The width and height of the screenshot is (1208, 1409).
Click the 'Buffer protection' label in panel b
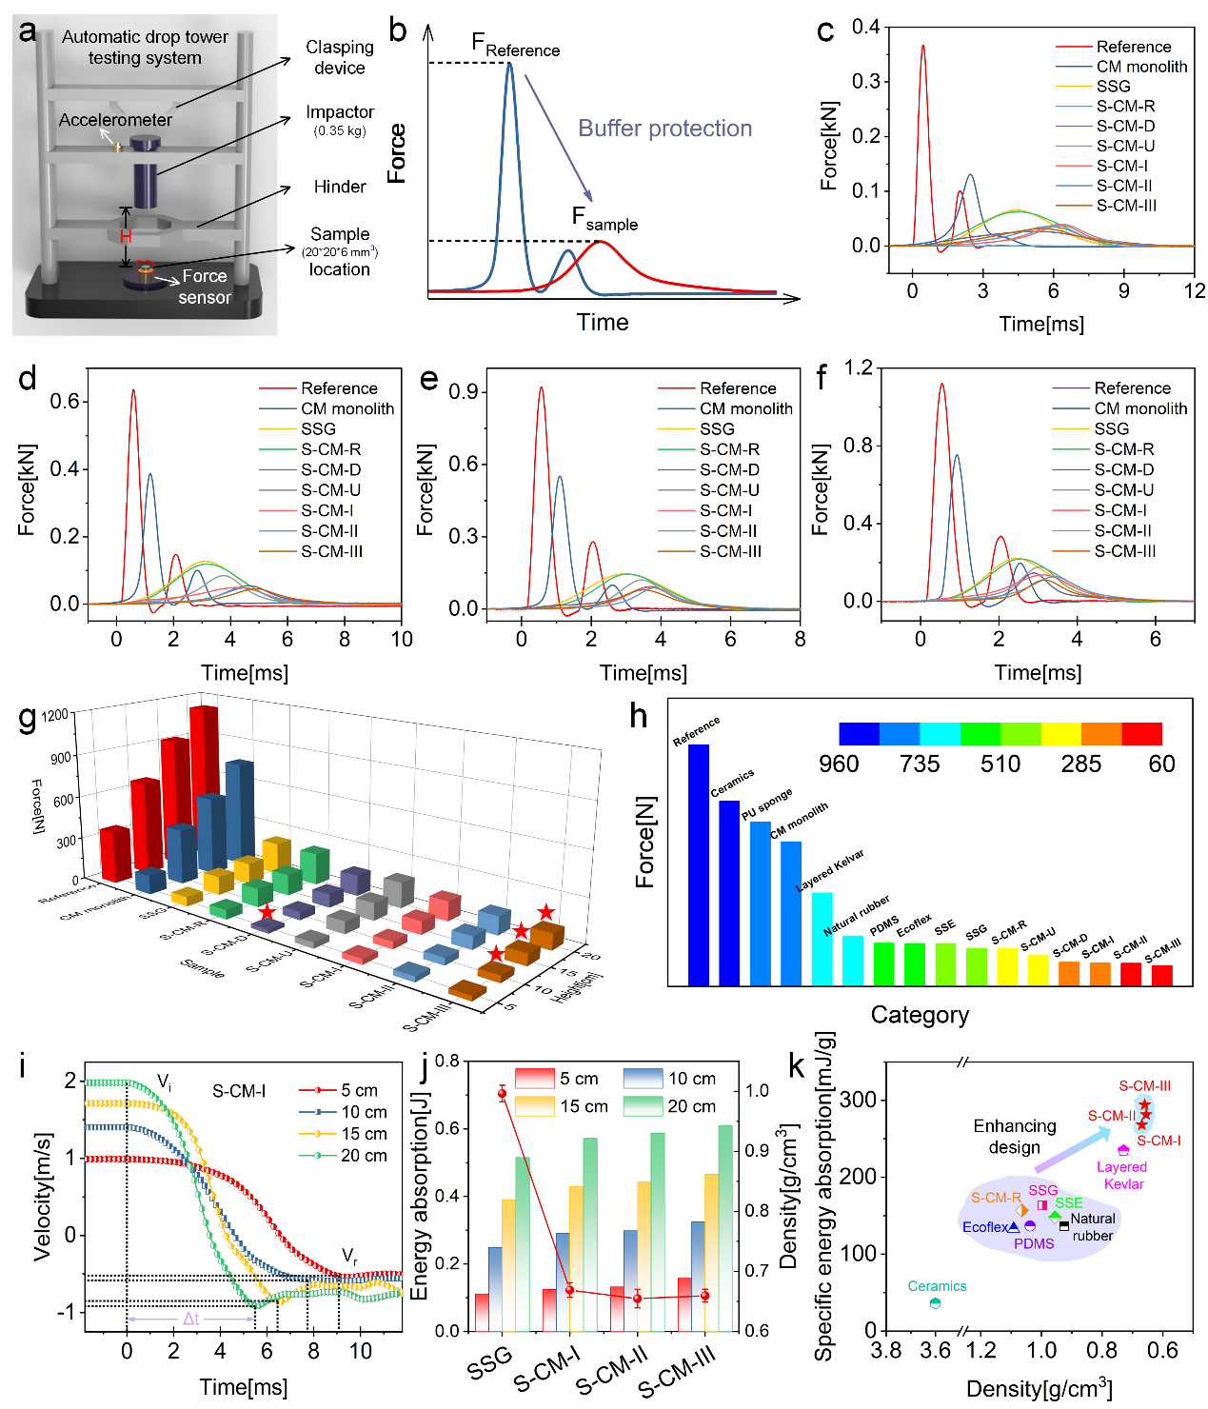[664, 129]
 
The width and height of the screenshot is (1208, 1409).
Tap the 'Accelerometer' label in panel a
[115, 120]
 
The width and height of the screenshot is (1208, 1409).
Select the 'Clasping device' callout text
[340, 57]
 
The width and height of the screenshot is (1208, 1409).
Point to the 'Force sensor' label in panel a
[205, 287]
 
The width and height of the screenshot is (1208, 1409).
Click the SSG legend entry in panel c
[1113, 87]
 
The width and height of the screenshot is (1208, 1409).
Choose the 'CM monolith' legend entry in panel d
[347, 408]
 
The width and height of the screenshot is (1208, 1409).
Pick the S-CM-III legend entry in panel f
[1125, 551]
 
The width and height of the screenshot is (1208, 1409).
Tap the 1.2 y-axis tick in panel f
[859, 368]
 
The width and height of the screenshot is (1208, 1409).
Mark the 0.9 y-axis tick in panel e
[463, 392]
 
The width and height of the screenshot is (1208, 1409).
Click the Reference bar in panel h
[699, 863]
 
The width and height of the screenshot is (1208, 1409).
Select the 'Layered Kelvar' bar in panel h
[822, 938]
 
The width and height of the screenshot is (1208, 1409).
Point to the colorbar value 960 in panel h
[839, 764]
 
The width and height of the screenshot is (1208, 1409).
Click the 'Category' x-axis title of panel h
[920, 1015]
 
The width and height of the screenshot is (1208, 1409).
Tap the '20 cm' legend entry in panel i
[364, 1156]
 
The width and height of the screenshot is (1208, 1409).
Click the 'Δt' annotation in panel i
[191, 1319]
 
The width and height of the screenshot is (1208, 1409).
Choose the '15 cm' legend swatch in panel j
[534, 1106]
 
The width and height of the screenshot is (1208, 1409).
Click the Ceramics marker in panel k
[936, 1303]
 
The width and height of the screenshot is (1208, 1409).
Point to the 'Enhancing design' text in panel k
[1015, 1137]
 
